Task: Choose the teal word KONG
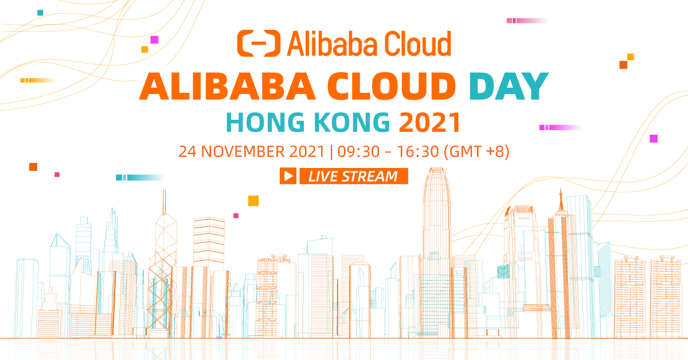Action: (345, 123)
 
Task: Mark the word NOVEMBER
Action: (243, 152)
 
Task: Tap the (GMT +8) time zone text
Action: (476, 152)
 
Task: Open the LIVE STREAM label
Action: (353, 176)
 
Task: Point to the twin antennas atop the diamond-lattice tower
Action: (164, 201)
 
